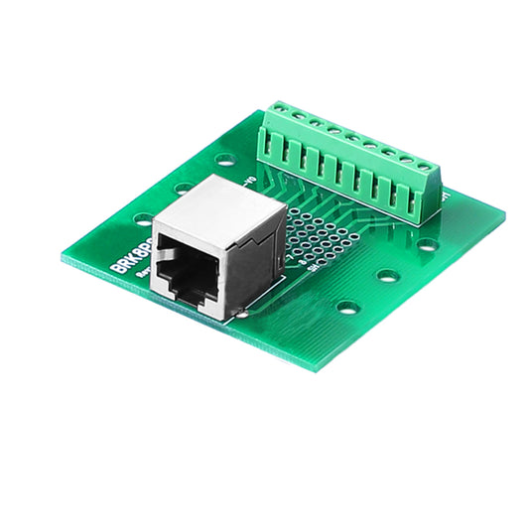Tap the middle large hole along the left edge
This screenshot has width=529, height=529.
coord(184,188)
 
